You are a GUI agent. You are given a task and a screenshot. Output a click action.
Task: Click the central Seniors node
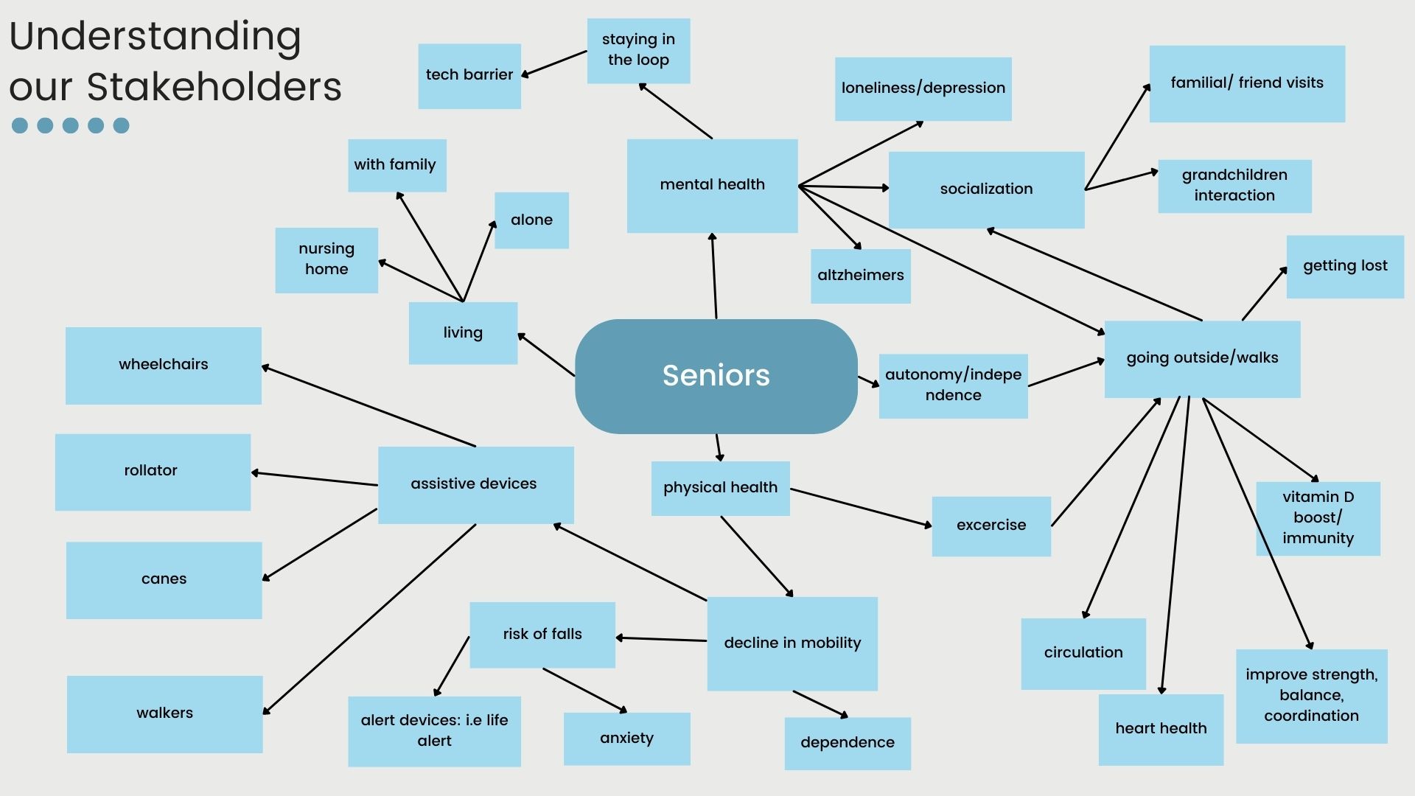point(716,376)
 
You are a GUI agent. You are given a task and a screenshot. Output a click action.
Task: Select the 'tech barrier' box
point(469,76)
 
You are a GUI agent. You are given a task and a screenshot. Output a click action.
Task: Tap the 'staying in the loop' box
point(638,50)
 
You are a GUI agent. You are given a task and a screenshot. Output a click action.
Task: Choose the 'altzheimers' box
point(861,276)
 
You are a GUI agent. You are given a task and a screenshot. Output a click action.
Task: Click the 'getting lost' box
point(1345,267)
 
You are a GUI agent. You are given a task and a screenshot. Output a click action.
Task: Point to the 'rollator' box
point(153,472)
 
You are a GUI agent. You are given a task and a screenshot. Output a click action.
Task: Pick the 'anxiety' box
point(627,739)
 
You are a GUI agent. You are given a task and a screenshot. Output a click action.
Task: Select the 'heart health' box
point(1161,730)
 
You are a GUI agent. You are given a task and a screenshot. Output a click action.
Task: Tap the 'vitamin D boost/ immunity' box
point(1318,519)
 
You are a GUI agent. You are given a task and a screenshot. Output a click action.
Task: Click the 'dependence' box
point(848,743)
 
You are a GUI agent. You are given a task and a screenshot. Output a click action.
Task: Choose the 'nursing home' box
point(326,260)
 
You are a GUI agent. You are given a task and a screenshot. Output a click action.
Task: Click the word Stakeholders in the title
point(214,86)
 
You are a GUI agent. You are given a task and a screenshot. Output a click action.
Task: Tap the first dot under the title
point(20,125)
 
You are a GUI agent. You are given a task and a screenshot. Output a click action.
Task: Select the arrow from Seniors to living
point(546,355)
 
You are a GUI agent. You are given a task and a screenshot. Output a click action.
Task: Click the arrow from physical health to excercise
point(861,507)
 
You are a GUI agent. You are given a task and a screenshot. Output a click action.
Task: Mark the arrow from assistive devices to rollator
point(314,478)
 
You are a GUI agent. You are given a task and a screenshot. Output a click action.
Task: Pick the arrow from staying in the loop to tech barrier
point(554,63)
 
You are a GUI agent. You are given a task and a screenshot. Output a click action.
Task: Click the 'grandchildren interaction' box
point(1234,186)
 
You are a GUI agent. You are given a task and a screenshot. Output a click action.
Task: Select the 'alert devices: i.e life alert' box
point(434,731)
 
